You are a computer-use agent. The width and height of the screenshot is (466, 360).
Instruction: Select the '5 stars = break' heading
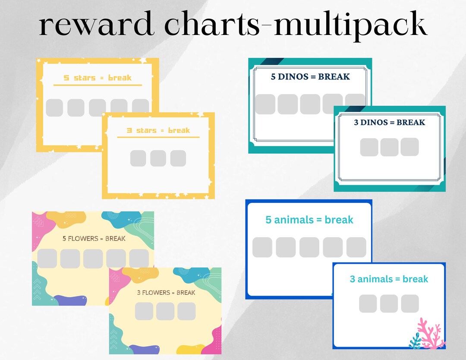[x=98, y=78]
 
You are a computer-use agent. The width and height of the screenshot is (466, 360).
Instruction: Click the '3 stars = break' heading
[x=158, y=130]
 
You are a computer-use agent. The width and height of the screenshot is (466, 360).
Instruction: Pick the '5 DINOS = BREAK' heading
[x=310, y=77]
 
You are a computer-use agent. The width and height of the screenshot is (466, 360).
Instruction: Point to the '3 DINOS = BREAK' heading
[x=389, y=122]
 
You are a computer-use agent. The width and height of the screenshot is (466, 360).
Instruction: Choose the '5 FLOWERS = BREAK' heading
[x=94, y=238]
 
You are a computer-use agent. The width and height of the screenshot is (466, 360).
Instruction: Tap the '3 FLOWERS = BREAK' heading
[x=166, y=292]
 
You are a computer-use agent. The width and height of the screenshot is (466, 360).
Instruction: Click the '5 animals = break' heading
[x=309, y=220]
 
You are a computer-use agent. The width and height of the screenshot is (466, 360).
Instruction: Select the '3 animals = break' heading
[x=389, y=279]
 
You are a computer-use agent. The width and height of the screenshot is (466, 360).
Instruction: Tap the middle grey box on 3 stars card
[x=158, y=158]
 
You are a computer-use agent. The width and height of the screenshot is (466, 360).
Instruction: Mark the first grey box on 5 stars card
[x=54, y=107]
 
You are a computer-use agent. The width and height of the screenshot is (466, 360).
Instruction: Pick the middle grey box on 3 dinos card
[x=389, y=147]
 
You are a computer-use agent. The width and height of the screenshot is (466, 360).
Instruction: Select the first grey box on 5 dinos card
[x=265, y=104]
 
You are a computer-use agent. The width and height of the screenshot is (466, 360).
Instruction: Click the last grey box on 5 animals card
[x=356, y=247]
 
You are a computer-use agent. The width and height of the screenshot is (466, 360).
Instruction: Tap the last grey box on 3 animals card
[x=409, y=303]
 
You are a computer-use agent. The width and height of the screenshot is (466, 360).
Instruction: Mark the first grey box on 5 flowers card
[x=47, y=258]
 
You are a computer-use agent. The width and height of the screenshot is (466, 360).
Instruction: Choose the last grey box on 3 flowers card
[x=186, y=311]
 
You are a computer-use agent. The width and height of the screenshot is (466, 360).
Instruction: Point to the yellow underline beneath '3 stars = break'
[x=158, y=137]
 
